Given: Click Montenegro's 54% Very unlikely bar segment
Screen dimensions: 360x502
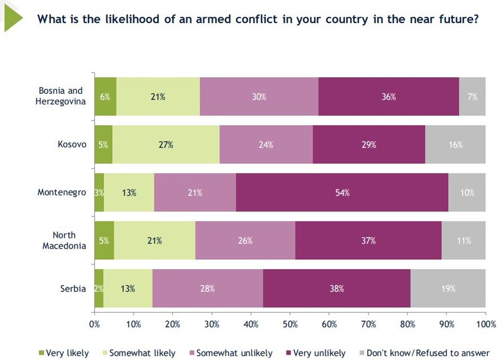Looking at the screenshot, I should (342, 192).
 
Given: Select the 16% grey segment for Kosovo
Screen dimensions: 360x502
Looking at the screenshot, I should (455, 145).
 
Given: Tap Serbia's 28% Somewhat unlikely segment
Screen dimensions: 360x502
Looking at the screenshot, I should (207, 289).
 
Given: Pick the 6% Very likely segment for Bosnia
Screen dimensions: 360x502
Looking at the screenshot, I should (105, 96).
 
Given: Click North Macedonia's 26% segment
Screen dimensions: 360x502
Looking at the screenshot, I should (245, 240).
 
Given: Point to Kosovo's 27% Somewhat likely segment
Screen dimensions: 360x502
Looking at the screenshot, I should (165, 145).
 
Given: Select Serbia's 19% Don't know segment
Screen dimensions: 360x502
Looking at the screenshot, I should (448, 289).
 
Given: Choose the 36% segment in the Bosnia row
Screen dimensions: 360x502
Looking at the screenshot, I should (388, 96).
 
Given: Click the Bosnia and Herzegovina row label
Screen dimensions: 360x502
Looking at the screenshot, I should (61, 96).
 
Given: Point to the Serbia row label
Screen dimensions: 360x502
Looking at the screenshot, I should (74, 289).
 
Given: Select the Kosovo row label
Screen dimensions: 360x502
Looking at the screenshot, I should (73, 145).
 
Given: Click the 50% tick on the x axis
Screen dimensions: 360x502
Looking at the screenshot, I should (290, 323).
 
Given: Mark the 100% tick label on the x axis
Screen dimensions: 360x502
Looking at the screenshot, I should (485, 323).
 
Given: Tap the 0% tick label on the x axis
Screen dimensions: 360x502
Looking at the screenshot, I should (94, 323).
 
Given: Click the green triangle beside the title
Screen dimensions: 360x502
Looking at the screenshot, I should (12, 18).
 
